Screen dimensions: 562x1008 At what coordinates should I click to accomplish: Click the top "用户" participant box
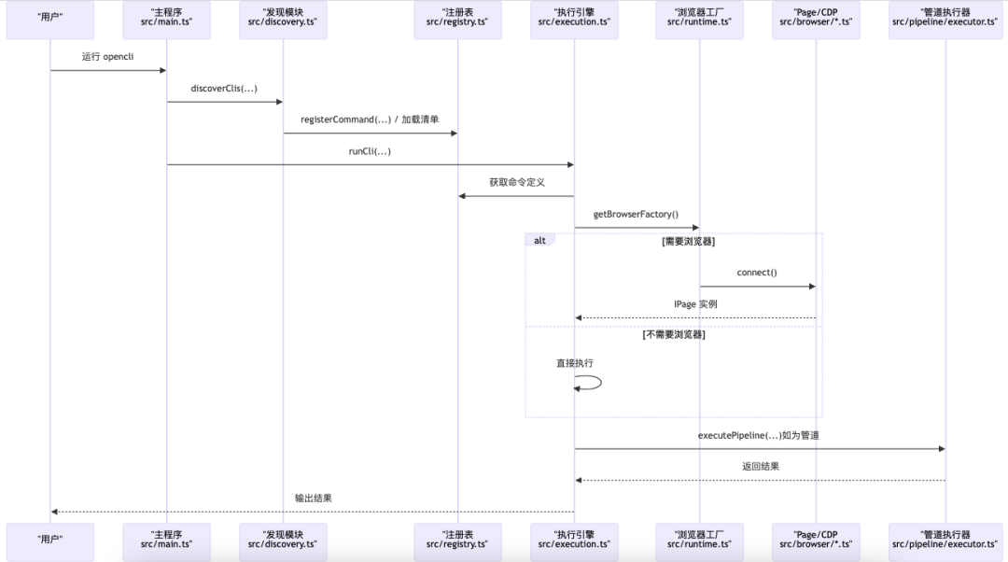coord(49,20)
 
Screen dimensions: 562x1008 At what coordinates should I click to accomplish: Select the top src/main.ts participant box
coord(166,20)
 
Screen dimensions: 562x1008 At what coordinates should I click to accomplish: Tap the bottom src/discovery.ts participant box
coord(283,542)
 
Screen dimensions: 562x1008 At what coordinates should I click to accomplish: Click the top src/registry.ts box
coord(457,20)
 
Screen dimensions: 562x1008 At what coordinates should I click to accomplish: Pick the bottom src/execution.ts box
coord(574,542)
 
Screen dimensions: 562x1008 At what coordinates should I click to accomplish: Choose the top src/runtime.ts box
coord(699,20)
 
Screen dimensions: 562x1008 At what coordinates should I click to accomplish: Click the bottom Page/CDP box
coord(816,542)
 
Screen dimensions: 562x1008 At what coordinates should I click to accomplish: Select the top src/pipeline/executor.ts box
coord(945,20)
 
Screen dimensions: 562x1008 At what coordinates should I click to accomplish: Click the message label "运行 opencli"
coord(107,57)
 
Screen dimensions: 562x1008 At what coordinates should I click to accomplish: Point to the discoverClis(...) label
coord(224,89)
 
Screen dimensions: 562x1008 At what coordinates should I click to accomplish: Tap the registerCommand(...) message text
coord(370,120)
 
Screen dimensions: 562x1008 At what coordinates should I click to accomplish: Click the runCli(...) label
coord(370,151)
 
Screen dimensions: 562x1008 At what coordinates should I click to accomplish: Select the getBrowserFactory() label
coord(636,215)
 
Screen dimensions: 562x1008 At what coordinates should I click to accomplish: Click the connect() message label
coord(757,273)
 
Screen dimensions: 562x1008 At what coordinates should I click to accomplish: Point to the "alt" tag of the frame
coord(539,240)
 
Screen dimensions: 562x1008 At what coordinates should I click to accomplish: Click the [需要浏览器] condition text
coord(688,241)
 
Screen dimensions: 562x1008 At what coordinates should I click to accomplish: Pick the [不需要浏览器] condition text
coord(673,334)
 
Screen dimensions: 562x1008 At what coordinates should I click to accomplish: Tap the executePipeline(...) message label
coord(759,436)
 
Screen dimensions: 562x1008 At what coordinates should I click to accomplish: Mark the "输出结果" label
coord(313,499)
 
